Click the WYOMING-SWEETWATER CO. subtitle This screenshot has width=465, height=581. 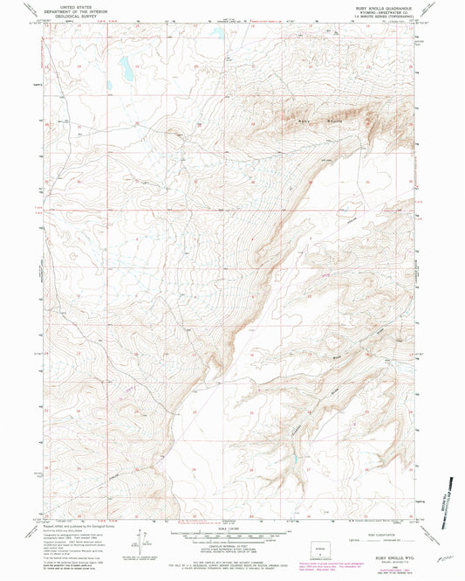(381, 12)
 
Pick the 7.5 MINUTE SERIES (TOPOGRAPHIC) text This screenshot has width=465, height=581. (381, 17)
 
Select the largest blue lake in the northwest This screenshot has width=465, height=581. (125, 66)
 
